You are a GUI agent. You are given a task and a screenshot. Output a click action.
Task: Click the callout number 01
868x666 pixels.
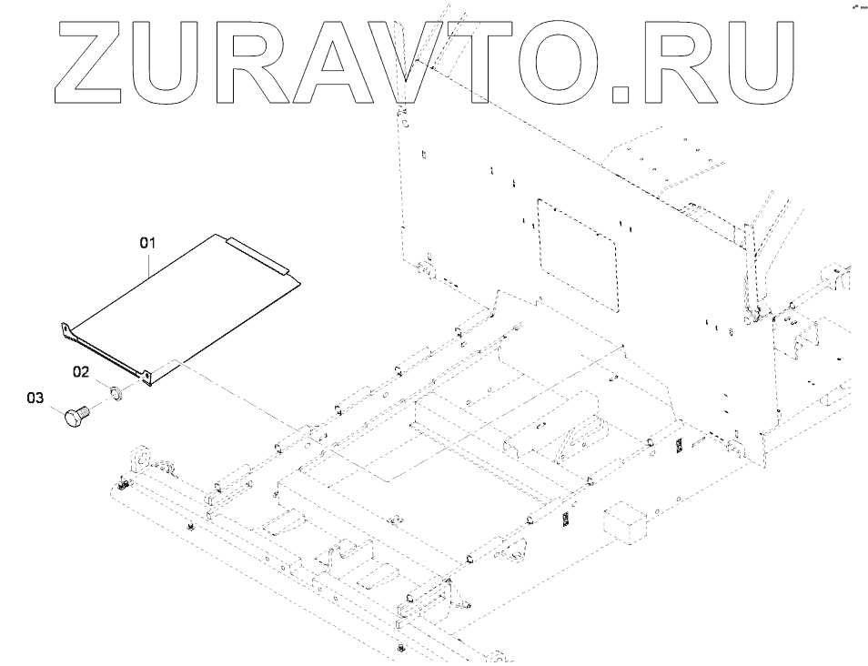[148, 243]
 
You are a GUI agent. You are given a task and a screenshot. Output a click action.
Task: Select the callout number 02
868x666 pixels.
[82, 371]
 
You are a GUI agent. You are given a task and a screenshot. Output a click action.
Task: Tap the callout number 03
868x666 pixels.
[35, 398]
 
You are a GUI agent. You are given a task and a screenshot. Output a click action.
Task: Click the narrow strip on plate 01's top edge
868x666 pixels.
[258, 256]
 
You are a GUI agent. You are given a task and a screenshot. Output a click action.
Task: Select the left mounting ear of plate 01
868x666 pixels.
[66, 329]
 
